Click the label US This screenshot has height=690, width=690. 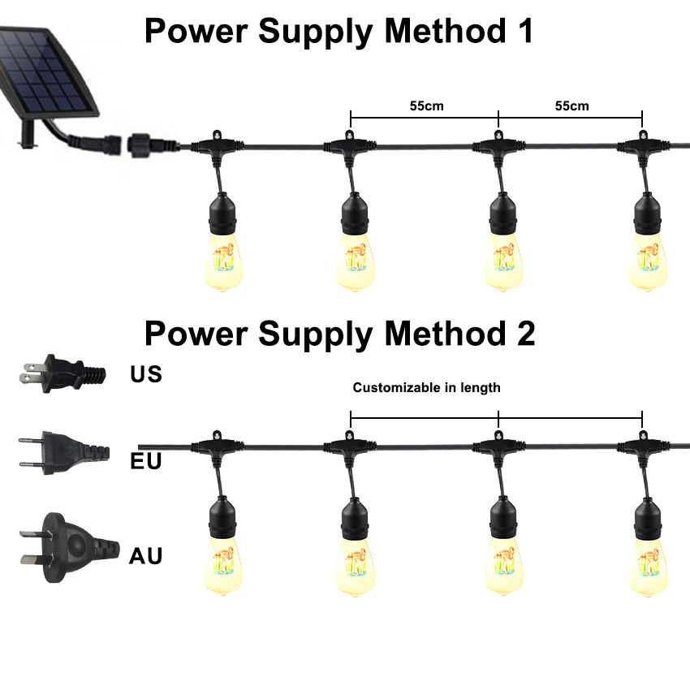point(146,375)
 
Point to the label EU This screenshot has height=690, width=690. point(146,462)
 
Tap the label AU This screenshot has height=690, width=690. point(146,556)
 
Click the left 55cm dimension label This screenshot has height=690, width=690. point(426,106)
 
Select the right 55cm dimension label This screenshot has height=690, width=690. point(571,106)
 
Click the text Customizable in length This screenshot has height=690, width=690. point(426,388)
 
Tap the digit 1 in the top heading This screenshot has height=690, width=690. point(524,32)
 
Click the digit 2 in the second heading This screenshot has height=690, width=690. point(524,334)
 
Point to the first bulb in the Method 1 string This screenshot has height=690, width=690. point(220,256)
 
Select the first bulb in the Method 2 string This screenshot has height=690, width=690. point(220,560)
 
